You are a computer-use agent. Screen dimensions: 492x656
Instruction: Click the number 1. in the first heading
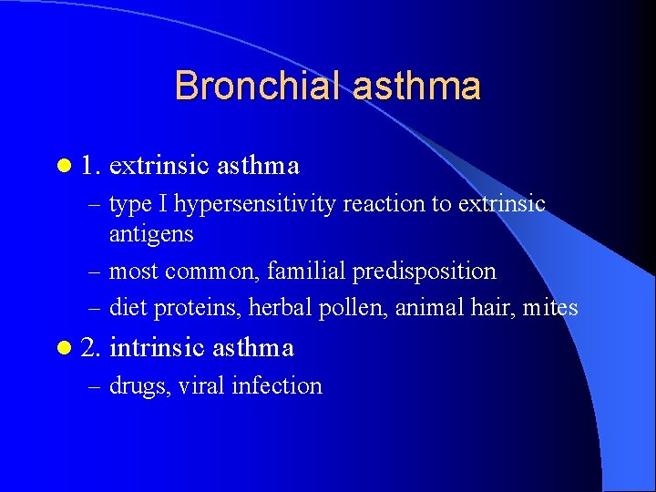click(x=91, y=166)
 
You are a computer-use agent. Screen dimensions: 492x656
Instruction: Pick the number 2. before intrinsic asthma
click(x=91, y=348)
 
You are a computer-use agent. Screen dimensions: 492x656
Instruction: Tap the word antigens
click(x=151, y=235)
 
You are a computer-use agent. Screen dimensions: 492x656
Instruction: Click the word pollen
click(x=354, y=308)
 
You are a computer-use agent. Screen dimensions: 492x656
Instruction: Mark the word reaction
click(x=384, y=204)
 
